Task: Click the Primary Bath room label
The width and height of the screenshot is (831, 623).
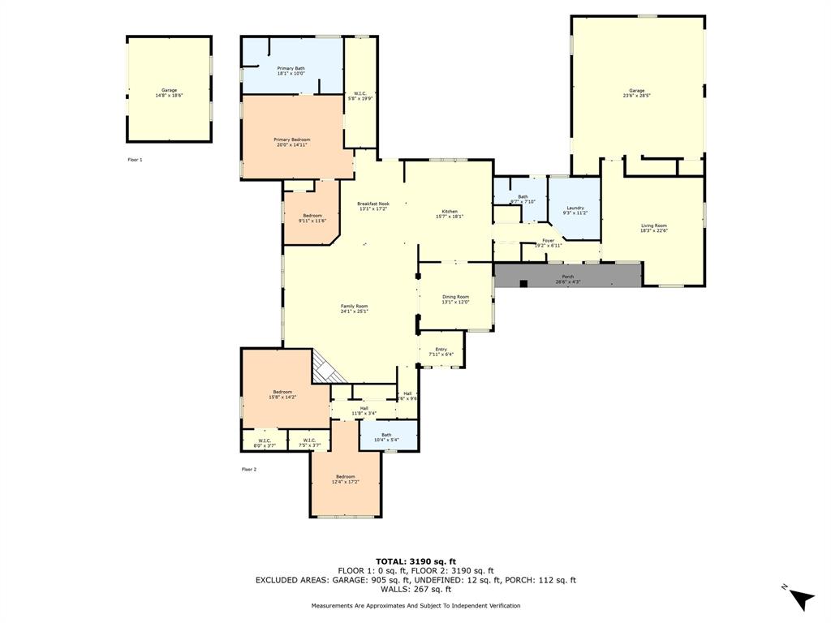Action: [291, 71]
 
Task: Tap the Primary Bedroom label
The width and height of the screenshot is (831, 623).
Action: [291, 142]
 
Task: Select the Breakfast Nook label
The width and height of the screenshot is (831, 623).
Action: [373, 206]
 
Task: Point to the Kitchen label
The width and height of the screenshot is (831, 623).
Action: [450, 214]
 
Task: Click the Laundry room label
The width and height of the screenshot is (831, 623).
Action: [575, 210]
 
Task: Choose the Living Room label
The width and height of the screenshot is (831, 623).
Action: [653, 228]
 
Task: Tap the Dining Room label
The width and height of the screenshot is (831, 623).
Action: [455, 299]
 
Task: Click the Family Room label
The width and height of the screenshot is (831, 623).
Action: [354, 308]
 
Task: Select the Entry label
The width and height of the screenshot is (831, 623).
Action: [441, 352]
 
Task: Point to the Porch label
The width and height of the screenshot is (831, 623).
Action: [568, 279]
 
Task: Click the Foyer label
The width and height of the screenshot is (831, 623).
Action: [549, 243]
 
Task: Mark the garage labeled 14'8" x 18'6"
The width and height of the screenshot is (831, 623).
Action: [169, 92]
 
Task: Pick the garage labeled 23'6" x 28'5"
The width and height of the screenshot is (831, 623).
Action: [637, 92]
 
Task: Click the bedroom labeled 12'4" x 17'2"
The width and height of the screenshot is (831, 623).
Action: [345, 479]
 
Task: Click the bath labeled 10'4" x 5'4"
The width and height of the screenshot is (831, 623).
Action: [386, 437]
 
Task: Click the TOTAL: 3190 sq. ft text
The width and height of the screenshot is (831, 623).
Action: [415, 561]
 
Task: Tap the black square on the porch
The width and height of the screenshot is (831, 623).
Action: [524, 283]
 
